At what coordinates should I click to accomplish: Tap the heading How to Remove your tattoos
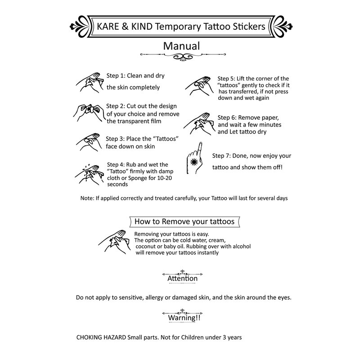click(184, 221)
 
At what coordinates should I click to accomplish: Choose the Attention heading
click(182, 279)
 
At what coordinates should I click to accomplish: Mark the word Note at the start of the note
click(86, 198)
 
